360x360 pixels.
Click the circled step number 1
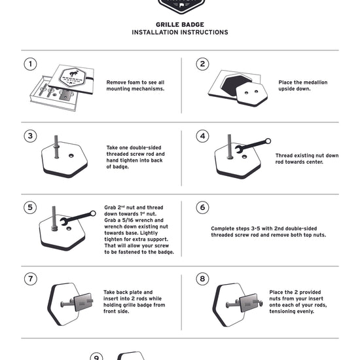point(30,64)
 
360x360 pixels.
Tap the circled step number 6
point(202,207)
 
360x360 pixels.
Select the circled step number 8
point(202,279)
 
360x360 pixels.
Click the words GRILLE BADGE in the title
point(180,25)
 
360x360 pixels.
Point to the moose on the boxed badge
point(74,74)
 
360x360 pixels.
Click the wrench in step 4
point(253,145)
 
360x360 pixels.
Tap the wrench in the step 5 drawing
point(78,217)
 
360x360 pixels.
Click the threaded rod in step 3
point(56,147)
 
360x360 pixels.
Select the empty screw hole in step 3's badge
point(71,156)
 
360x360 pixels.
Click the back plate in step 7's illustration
point(83,302)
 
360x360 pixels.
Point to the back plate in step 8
point(249,302)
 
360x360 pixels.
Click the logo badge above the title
point(181,7)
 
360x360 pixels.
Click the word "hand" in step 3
point(113,160)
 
